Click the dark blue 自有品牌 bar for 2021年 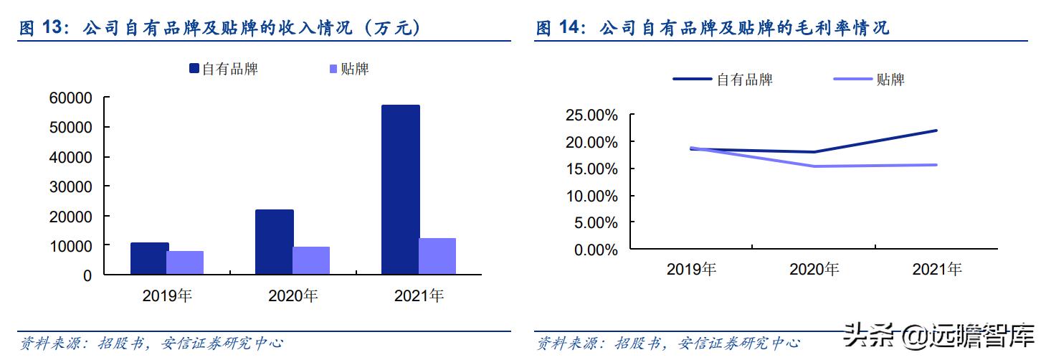click(x=400, y=190)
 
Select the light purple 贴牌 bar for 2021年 click(x=437, y=256)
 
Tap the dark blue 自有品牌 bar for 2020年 click(x=274, y=242)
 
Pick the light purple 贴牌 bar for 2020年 click(x=311, y=260)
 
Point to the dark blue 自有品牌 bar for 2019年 click(x=149, y=258)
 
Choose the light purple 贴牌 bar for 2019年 click(x=185, y=262)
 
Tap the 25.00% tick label click(x=591, y=115)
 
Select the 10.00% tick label click(x=591, y=196)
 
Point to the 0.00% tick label click(x=594, y=250)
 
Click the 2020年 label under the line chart click(x=814, y=270)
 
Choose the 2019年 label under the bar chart click(x=167, y=295)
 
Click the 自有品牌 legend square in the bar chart click(x=194, y=69)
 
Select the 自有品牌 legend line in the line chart click(x=691, y=80)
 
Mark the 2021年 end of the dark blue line click(x=937, y=131)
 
